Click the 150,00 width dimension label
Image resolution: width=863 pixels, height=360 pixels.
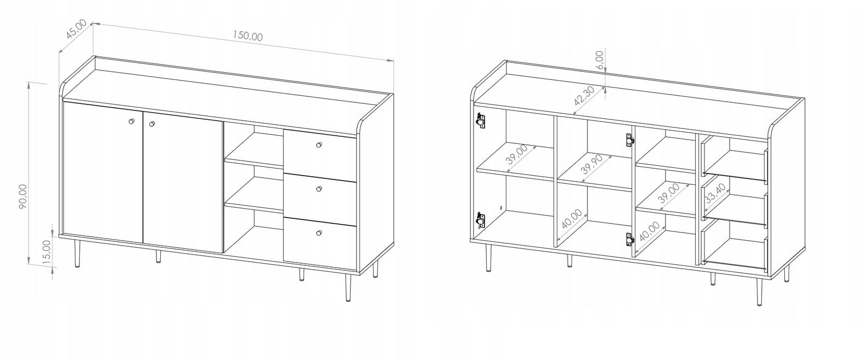pyautogui.click(x=248, y=36)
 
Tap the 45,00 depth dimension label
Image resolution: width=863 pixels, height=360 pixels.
pyautogui.click(x=76, y=29)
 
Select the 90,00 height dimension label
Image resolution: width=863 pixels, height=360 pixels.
pyautogui.click(x=23, y=196)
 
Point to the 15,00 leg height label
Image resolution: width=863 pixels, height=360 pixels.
pyautogui.click(x=46, y=252)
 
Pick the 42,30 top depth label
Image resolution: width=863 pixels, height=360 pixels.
pyautogui.click(x=584, y=96)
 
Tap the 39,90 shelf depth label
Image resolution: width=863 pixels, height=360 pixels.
pyautogui.click(x=591, y=164)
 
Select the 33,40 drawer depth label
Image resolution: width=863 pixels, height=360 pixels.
pyautogui.click(x=715, y=193)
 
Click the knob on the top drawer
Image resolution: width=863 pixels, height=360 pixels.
pyautogui.click(x=319, y=145)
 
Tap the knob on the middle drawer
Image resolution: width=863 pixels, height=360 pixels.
pyautogui.click(x=319, y=189)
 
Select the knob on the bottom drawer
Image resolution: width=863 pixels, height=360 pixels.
pyautogui.click(x=319, y=233)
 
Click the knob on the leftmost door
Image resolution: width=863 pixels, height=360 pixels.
pyautogui.click(x=131, y=121)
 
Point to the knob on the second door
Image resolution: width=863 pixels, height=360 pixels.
pyautogui.click(x=151, y=124)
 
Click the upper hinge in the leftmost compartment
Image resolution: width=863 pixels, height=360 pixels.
pyautogui.click(x=480, y=120)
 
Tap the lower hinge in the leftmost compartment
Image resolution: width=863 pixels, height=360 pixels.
pyautogui.click(x=480, y=221)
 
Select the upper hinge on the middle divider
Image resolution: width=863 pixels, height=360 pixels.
pyautogui.click(x=629, y=140)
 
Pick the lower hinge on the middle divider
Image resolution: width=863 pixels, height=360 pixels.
pyautogui.click(x=629, y=239)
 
